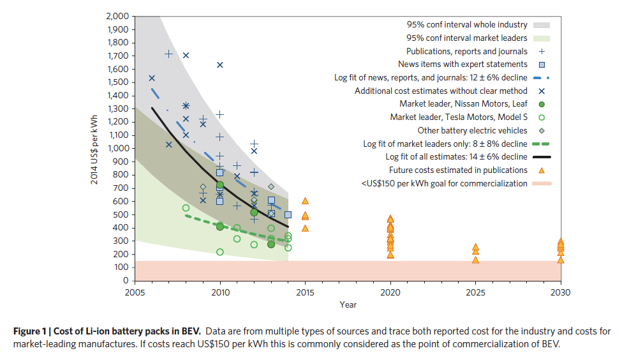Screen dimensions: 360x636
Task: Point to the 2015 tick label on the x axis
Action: [305, 292]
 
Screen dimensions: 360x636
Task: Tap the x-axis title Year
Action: [348, 305]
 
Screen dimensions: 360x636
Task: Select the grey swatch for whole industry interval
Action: [542, 25]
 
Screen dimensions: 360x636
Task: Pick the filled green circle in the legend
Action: [542, 104]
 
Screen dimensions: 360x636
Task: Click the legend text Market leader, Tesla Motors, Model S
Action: [459, 117]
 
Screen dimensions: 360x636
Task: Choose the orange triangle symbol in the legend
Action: [542, 170]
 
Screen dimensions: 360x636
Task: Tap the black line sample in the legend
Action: [542, 157]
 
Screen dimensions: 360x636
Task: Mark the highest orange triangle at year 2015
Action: [305, 201]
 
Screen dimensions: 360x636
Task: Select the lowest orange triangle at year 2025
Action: [475, 260]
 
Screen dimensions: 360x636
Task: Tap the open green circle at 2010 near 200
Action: [220, 252]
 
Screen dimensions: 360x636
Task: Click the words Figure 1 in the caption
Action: [33, 331]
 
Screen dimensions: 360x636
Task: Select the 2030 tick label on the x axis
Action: [561, 292]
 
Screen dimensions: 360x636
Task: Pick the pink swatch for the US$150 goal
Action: [542, 184]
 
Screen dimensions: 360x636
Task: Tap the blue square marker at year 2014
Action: [288, 215]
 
